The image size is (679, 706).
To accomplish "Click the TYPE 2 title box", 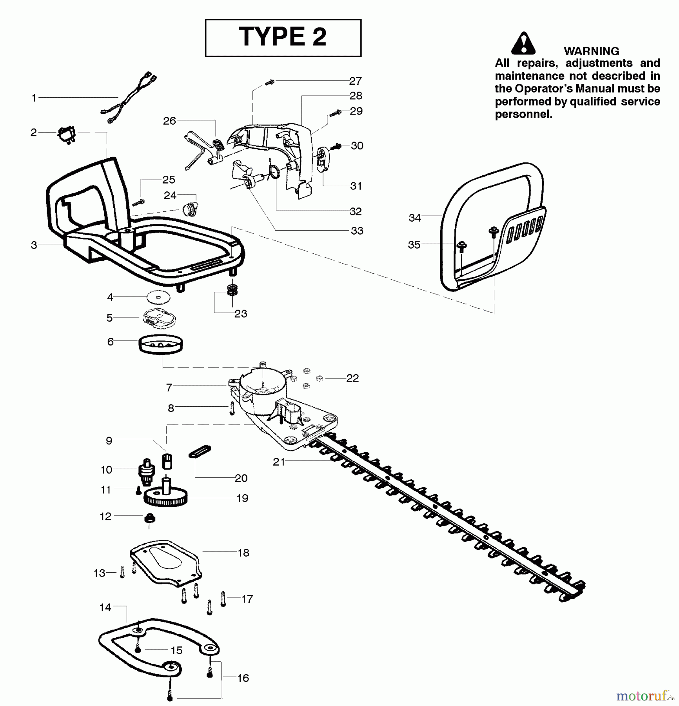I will [283, 38].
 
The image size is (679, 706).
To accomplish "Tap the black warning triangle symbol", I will [523, 44].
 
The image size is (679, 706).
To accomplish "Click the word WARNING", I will [591, 51].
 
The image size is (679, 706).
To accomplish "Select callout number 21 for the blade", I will [279, 462].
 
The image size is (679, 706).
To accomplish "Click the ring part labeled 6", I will [161, 344].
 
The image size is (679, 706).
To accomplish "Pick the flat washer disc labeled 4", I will [158, 297].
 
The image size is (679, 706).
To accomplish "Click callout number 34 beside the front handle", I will [414, 218].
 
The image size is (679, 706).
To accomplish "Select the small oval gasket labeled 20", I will [200, 451].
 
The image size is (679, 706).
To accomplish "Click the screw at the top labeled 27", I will [270, 82].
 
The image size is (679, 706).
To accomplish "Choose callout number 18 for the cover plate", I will [243, 553].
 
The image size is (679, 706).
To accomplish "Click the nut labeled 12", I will [150, 519].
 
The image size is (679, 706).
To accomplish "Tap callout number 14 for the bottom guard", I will [105, 608].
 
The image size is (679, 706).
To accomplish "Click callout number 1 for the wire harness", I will [34, 98].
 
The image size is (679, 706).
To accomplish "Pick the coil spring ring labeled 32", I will [274, 171].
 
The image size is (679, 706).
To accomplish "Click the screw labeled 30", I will [336, 147].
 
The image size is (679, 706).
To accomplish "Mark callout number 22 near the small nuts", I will [352, 378].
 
